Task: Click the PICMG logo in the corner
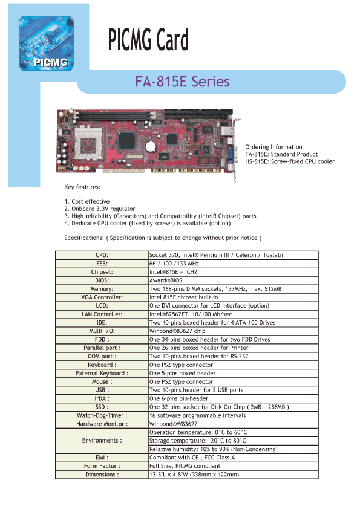click(x=46, y=43)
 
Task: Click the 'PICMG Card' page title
click(x=148, y=40)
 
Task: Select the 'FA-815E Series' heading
click(x=182, y=82)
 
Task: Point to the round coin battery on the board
click(x=151, y=146)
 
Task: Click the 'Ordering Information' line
click(x=273, y=147)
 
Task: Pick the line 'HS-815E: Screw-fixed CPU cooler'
click(x=289, y=161)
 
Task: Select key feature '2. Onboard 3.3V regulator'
click(x=99, y=209)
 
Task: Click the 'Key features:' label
click(x=82, y=187)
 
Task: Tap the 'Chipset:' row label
click(x=102, y=272)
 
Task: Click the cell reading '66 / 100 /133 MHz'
click(x=174, y=264)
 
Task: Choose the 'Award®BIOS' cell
click(x=166, y=280)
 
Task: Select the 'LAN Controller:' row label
click(x=102, y=314)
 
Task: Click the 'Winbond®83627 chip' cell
click(x=177, y=331)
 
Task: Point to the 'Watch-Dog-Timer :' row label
click(x=102, y=415)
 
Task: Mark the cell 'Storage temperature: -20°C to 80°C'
click(x=197, y=441)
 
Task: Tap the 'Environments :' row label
click(x=102, y=441)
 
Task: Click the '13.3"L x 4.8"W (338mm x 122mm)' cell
click(x=194, y=475)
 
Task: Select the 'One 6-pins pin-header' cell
click(x=178, y=398)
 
